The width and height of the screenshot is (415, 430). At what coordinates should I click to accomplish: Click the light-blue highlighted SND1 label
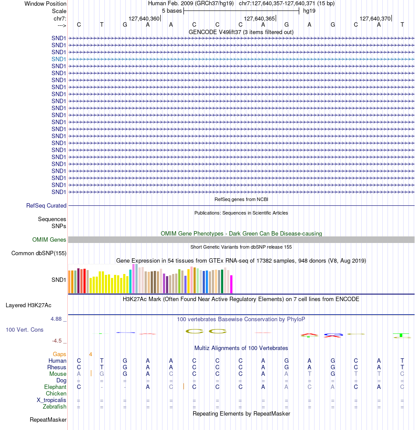click(x=59, y=59)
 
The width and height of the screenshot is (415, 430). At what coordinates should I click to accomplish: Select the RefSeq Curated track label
click(x=46, y=205)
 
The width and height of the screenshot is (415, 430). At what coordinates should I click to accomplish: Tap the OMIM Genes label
click(x=49, y=239)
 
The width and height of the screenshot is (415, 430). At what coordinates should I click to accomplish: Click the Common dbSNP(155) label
click(x=39, y=253)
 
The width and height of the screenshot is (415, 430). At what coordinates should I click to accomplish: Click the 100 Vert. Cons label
click(x=24, y=329)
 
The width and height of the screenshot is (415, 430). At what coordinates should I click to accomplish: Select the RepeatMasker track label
click(x=48, y=420)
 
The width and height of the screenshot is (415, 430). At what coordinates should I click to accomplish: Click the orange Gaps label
click(x=59, y=354)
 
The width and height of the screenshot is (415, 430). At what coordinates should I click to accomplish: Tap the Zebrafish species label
click(x=55, y=407)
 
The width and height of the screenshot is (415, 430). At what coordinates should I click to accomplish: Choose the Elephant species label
click(x=55, y=387)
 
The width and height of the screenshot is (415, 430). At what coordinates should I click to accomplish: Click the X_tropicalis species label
click(x=52, y=400)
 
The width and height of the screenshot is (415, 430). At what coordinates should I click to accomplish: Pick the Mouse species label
click(x=58, y=374)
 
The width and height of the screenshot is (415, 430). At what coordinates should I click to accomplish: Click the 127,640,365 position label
click(x=259, y=19)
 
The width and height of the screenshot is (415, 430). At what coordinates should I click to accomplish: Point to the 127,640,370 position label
click(x=375, y=19)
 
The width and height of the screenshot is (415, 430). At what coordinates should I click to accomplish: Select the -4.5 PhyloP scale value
click(x=59, y=340)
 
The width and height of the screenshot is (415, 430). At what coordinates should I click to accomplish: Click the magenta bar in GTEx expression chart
click(x=232, y=284)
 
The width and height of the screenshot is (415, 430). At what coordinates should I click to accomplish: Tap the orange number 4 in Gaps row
click(x=90, y=354)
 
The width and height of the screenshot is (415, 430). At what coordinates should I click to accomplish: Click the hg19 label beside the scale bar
click(x=309, y=10)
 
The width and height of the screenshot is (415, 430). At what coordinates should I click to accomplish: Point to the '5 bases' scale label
click(x=172, y=10)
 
